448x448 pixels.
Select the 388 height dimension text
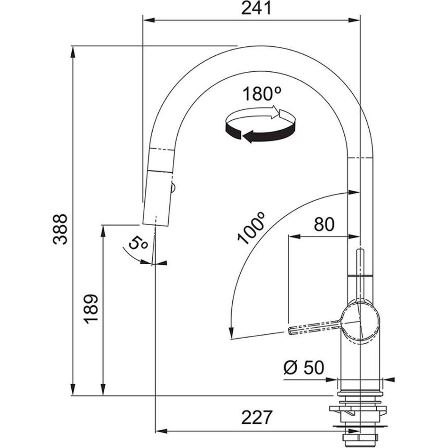(x=60, y=229)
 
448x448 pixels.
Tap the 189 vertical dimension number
(x=91, y=309)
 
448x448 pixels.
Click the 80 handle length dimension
(x=324, y=224)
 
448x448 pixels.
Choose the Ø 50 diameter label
(x=304, y=368)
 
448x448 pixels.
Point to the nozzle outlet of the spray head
(x=155, y=222)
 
